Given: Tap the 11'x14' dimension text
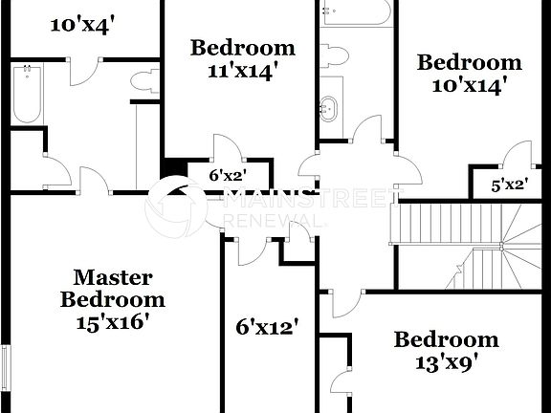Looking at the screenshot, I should click(x=242, y=71).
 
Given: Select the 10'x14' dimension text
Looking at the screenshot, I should click(x=470, y=85).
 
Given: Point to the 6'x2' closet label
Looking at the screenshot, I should click(x=228, y=175).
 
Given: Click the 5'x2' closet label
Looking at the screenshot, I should click(x=509, y=185).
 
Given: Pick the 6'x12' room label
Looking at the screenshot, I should click(x=268, y=327).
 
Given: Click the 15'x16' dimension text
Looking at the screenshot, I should click(x=112, y=321).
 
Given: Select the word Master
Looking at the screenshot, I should click(x=112, y=278).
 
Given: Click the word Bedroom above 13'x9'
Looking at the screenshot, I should click(x=447, y=339).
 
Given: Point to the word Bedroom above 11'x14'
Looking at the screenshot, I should click(x=242, y=48).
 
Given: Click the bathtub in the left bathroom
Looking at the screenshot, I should click(x=27, y=94).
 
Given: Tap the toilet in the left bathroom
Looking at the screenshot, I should click(x=143, y=82).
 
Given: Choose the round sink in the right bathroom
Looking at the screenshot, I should click(x=330, y=107).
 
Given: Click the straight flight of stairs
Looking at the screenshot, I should click(x=420, y=226).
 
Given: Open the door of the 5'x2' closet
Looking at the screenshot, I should click(x=518, y=154).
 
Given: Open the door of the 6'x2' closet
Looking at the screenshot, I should click(x=226, y=147).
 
